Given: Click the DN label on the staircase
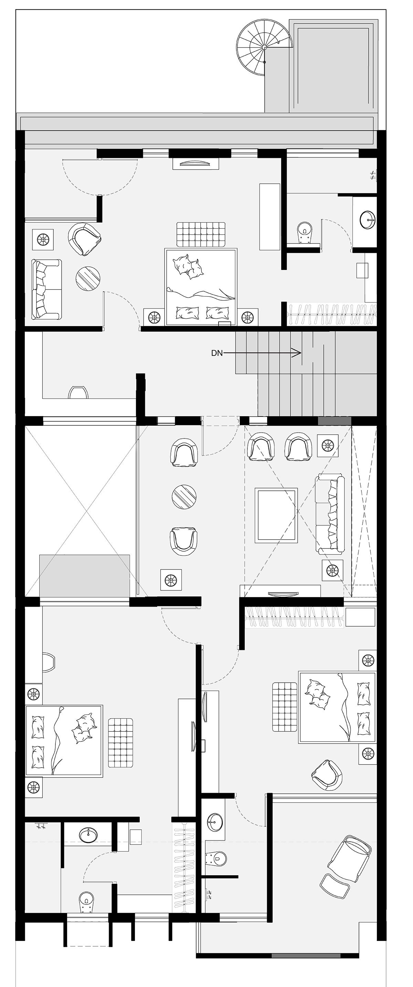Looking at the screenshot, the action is [217, 353].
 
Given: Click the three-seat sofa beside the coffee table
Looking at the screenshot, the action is [330, 514].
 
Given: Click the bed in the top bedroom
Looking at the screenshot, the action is [201, 286].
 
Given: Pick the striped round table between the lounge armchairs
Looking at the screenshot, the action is [184, 497].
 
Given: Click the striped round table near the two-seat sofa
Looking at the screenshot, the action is [88, 278].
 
